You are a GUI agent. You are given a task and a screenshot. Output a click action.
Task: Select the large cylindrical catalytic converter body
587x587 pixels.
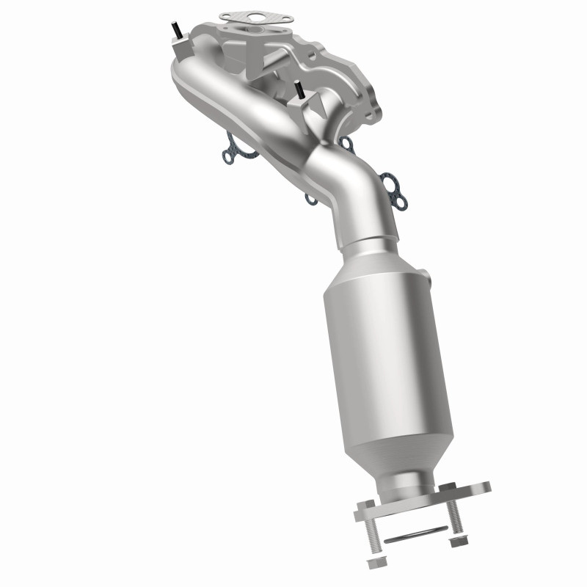click(x=374, y=338)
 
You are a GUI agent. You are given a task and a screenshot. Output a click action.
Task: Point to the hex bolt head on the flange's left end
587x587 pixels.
click(x=365, y=506)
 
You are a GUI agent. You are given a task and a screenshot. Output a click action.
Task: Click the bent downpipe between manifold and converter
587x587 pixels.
click(x=345, y=191)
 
